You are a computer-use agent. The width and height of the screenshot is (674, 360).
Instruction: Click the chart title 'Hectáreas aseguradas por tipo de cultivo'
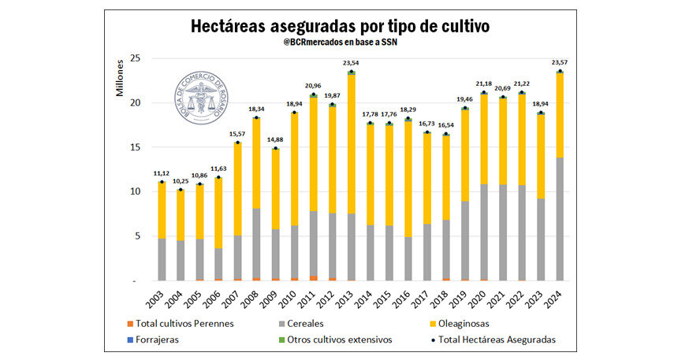coord(341,26)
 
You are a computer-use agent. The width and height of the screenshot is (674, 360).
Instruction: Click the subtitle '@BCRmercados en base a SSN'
coord(340,44)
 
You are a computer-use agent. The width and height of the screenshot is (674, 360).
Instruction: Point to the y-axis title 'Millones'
coord(121,77)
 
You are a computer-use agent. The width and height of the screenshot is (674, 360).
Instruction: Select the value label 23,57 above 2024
coord(560,63)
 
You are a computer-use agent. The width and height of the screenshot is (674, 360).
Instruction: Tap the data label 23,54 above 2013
coord(351,63)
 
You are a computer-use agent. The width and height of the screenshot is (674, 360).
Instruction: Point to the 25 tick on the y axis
coord(135,58)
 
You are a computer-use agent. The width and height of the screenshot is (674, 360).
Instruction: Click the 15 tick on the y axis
coord(135,147)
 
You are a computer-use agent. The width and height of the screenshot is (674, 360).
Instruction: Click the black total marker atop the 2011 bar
coord(314,95)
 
